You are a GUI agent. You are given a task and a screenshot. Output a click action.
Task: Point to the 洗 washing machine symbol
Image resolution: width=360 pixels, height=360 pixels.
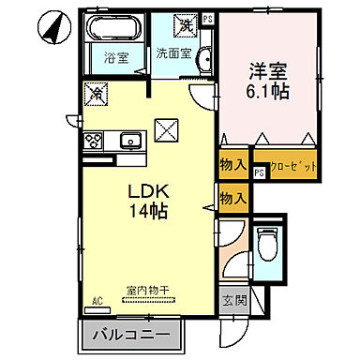pyautogui.click(x=187, y=24)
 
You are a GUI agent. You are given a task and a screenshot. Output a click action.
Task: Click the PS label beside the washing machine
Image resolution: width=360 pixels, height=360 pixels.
pyautogui.click(x=207, y=18)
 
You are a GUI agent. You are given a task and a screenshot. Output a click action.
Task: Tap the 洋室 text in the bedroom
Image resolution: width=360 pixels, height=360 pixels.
pyautogui.click(x=265, y=70)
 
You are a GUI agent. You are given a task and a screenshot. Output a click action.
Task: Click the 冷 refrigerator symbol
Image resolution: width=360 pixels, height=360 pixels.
pyautogui.click(x=95, y=94)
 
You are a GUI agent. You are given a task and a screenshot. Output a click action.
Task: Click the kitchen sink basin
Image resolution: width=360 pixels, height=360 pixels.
pyautogui.click(x=129, y=142)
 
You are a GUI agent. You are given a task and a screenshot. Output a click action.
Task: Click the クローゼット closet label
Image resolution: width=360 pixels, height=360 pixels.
pyautogui.click(x=285, y=166)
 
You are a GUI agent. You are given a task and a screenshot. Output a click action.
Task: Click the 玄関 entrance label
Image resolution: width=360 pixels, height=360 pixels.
pyautogui.click(x=234, y=302)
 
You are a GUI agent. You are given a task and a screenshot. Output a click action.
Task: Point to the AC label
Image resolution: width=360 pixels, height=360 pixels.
pyautogui.click(x=96, y=302)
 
